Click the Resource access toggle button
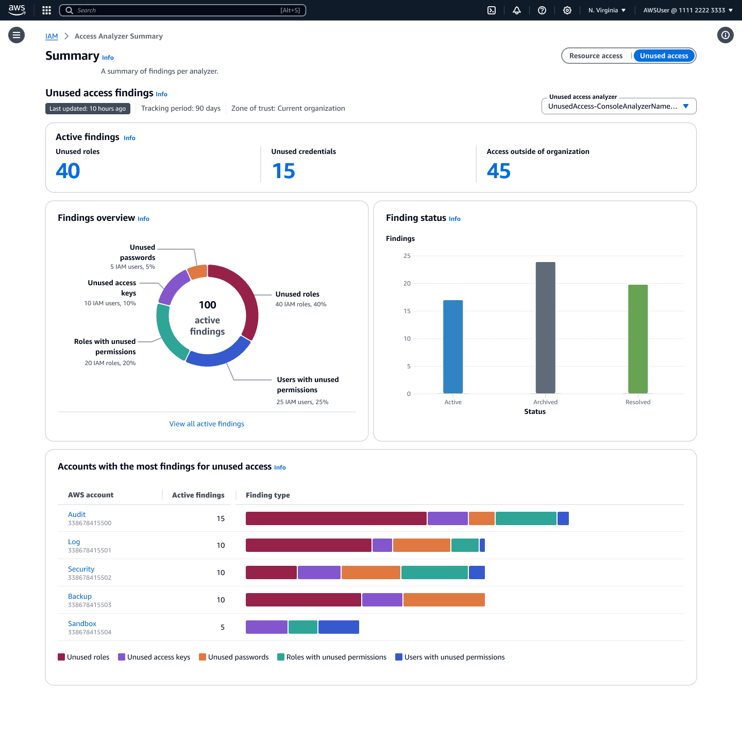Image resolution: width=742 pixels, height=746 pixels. [596, 56]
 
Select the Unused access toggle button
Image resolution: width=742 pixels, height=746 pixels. [664, 56]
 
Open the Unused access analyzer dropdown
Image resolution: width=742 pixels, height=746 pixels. [618, 106]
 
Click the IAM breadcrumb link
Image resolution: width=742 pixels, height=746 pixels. [52, 36]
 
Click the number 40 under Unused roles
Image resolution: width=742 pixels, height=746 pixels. [68, 171]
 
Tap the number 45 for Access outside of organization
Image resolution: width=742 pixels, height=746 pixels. [498, 171]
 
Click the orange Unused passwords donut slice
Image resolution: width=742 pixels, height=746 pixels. [197, 272]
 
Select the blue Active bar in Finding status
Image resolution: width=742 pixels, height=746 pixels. [453, 346]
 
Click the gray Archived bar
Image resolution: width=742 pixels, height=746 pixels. [545, 327]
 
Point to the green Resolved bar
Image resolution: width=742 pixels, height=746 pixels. [637, 339]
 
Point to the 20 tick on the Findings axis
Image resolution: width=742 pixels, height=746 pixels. [407, 284]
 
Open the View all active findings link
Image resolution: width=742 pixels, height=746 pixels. [207, 424]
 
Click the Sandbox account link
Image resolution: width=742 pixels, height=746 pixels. [82, 623]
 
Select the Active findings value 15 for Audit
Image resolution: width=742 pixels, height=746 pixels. [221, 518]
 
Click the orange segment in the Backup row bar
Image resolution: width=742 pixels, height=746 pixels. [444, 600]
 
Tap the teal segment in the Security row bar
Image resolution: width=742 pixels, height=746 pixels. [434, 572]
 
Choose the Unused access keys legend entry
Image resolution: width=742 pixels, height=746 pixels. [154, 657]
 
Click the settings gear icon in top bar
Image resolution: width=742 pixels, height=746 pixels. [567, 10]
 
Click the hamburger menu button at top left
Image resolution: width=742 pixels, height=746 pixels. [16, 35]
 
